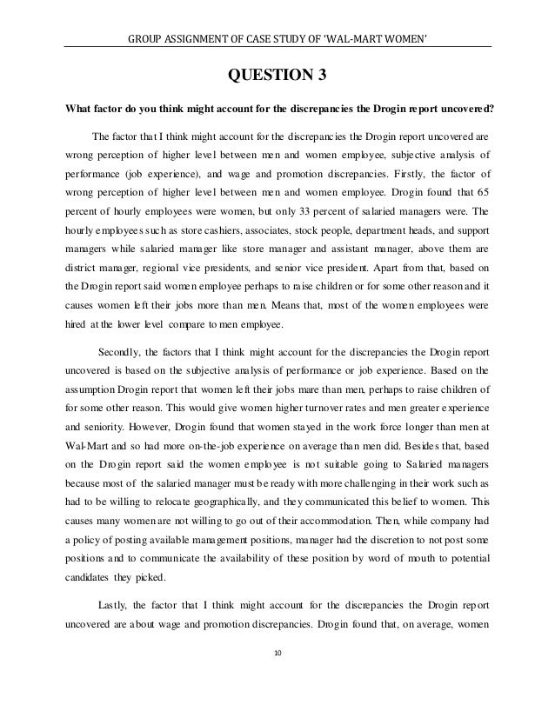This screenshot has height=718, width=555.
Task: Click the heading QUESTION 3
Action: [277, 83]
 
